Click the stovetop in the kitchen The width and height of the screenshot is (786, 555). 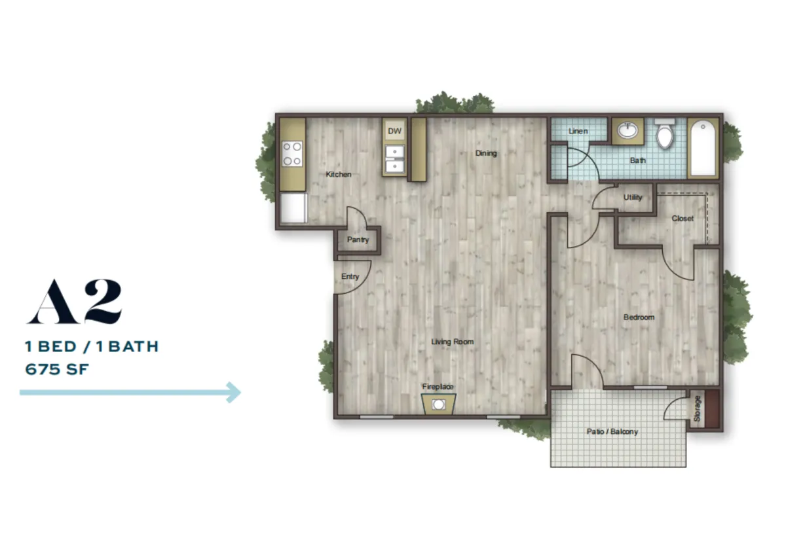[x=292, y=154]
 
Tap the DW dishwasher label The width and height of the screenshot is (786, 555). [x=394, y=131]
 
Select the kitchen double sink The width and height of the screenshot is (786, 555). [x=395, y=159]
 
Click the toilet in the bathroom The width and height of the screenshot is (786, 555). [x=665, y=134]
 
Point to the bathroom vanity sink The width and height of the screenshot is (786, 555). [x=627, y=130]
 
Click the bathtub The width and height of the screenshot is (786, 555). [x=703, y=148]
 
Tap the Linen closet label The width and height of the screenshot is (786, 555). [x=578, y=131]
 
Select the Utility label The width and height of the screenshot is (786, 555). [x=633, y=198]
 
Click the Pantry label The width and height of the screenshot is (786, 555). [x=358, y=240]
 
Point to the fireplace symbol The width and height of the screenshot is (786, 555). [x=439, y=404]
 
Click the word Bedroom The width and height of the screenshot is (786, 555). [x=639, y=317]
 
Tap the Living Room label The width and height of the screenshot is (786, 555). [x=453, y=342]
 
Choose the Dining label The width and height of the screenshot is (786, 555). [x=486, y=153]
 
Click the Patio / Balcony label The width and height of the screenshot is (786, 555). [x=612, y=431]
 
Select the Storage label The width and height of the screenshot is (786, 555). [x=697, y=408]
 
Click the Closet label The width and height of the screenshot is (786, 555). [x=683, y=219]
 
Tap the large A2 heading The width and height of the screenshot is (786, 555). [x=75, y=301]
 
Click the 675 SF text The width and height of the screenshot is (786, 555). [x=57, y=369]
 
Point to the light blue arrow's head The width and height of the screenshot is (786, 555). [x=234, y=392]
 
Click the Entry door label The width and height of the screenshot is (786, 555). [x=350, y=277]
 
